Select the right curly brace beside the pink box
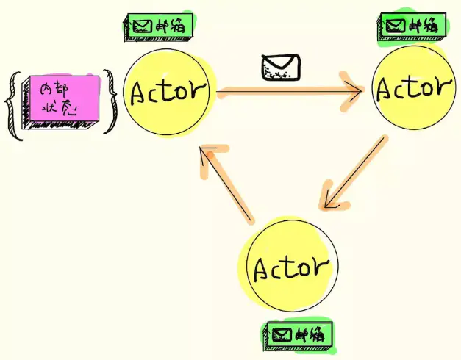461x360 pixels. (110, 101)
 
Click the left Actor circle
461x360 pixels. (168, 93)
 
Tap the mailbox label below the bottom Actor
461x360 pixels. (299, 334)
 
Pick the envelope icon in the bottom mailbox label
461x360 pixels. (280, 335)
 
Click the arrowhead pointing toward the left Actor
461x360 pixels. (208, 157)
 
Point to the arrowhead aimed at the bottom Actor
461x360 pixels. (332, 198)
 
